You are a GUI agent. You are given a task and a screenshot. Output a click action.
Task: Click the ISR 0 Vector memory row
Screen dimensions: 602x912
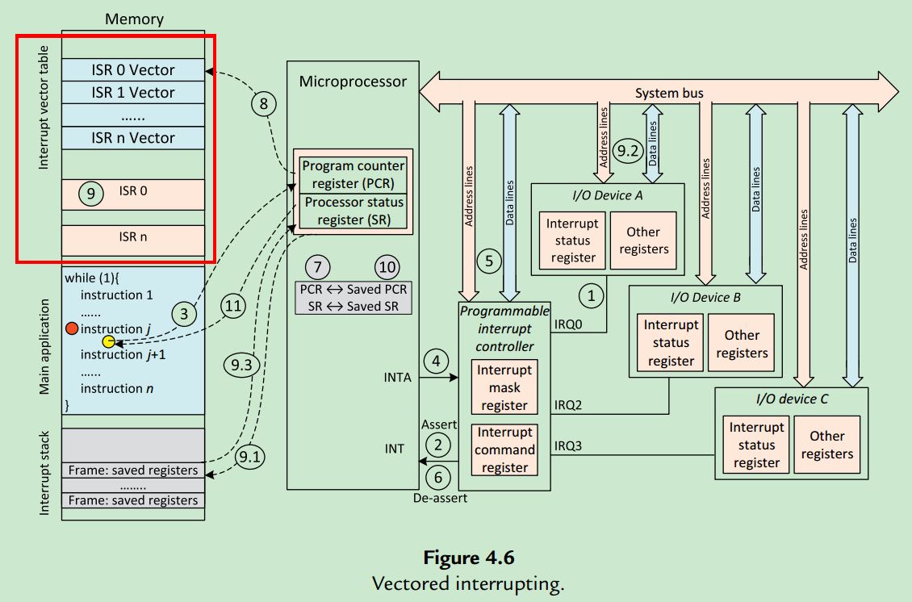pyautogui.click(x=132, y=70)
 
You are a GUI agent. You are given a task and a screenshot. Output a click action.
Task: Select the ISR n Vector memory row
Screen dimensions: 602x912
pyautogui.click(x=132, y=138)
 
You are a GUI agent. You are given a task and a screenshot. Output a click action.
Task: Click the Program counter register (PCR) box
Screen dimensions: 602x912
pyautogui.click(x=353, y=173)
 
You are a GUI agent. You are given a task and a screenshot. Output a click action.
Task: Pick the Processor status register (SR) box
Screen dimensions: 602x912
pyautogui.click(x=353, y=210)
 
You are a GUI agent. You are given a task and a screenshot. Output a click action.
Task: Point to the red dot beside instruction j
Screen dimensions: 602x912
pyautogui.click(x=72, y=328)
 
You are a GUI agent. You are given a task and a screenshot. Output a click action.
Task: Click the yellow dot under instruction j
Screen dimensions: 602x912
pyautogui.click(x=108, y=341)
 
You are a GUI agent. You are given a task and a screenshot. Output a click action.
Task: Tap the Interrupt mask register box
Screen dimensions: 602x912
pyautogui.click(x=504, y=387)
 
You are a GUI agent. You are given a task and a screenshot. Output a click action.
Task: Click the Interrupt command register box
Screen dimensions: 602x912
pyautogui.click(x=504, y=449)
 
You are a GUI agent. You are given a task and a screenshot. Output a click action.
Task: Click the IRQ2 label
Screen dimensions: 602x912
pyautogui.click(x=568, y=404)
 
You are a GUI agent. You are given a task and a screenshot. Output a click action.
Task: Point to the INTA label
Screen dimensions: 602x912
pyautogui.click(x=398, y=376)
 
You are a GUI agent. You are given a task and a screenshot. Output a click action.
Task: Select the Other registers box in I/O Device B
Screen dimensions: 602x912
pyautogui.click(x=741, y=344)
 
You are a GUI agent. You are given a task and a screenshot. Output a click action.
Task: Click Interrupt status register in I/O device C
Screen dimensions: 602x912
pyautogui.click(x=756, y=445)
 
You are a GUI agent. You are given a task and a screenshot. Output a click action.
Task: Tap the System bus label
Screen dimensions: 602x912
pyautogui.click(x=668, y=93)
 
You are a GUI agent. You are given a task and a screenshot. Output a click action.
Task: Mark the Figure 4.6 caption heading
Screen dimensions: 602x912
pyautogui.click(x=469, y=558)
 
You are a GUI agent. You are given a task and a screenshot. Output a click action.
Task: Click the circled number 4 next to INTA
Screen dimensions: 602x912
pyautogui.click(x=437, y=361)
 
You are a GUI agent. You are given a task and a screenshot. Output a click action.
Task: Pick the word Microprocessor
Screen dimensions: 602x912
pyautogui.click(x=353, y=82)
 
